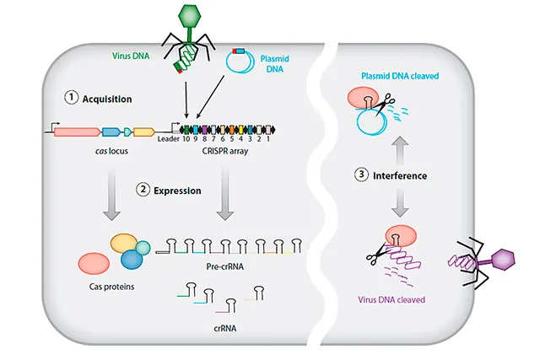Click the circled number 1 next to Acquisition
coord(72,98)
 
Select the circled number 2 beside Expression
coord(143,190)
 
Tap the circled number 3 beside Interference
coord(361,175)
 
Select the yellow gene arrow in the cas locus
coord(143,132)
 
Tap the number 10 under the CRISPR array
coord(185,139)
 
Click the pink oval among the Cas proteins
coord(94,264)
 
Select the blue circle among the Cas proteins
coord(132,260)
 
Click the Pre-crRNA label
coord(222,265)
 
